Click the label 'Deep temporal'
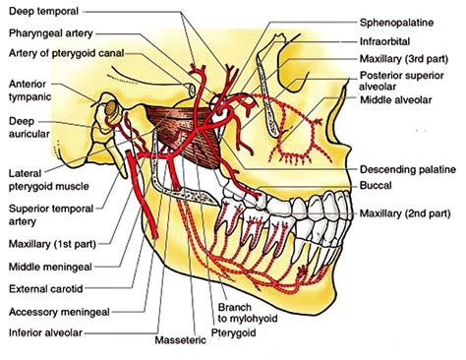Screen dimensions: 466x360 (43, 12)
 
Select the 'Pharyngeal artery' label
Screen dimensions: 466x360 (51, 33)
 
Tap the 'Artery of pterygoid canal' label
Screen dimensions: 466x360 (67, 53)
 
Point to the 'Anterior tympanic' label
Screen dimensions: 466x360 (29, 90)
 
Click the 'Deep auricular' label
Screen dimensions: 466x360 (29, 127)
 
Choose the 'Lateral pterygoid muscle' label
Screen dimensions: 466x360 (49, 180)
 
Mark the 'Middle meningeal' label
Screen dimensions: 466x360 (50, 267)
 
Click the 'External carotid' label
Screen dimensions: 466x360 (45, 289)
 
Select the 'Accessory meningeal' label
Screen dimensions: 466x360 (59, 312)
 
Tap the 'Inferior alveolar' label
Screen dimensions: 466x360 (45, 332)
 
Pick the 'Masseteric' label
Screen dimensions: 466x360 (180, 340)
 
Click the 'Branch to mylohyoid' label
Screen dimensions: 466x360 (248, 313)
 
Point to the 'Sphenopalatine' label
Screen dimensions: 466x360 (396, 23)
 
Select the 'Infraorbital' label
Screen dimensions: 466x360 (384, 41)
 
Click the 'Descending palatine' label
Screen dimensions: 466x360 (408, 169)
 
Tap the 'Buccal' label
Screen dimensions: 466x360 (376, 186)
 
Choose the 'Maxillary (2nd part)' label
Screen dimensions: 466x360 (405, 213)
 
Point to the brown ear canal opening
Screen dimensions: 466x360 (112, 108)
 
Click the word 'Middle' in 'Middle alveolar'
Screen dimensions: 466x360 (377, 100)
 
